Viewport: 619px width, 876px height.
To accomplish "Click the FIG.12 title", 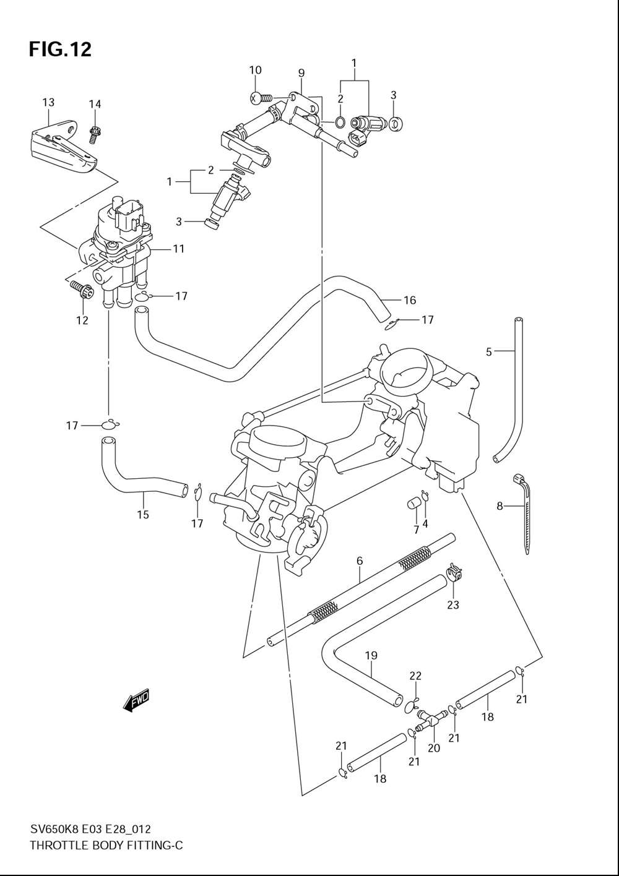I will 60,49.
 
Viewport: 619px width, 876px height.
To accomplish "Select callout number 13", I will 48,103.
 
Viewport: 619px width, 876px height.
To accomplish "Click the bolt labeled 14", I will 95,131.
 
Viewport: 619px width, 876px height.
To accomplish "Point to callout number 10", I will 255,71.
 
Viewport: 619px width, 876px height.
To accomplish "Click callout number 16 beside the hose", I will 410,301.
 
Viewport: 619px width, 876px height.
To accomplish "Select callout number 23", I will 453,604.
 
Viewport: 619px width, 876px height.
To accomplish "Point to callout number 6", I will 359,561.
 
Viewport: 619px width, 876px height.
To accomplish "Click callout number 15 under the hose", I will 143,515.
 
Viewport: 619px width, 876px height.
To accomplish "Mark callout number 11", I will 179,249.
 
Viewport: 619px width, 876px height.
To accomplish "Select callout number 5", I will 489,351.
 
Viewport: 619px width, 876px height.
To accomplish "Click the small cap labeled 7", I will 413,504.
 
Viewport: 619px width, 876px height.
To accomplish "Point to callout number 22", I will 415,677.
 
